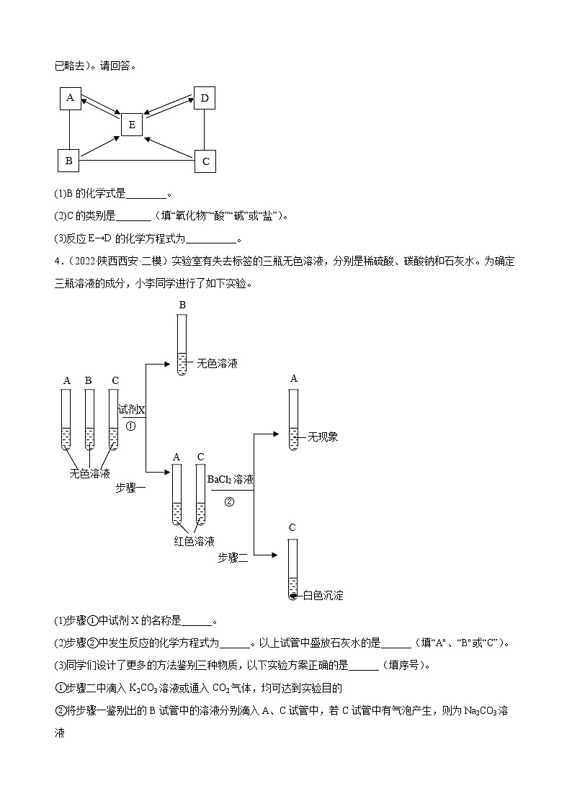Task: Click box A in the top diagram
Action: [x=69, y=99]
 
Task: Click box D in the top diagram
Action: [x=205, y=98]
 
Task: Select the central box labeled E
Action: [x=131, y=125]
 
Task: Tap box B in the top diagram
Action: [x=68, y=161]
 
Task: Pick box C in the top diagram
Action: [x=205, y=161]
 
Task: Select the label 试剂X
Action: [x=132, y=409]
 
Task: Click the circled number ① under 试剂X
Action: [x=130, y=426]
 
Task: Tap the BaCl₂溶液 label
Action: [x=230, y=479]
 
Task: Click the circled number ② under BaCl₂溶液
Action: [x=230, y=502]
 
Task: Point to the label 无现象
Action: [x=322, y=437]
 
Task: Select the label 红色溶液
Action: [x=194, y=541]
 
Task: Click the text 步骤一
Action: [x=130, y=488]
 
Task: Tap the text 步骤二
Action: [x=233, y=557]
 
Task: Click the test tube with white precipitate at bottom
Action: [x=292, y=569]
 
